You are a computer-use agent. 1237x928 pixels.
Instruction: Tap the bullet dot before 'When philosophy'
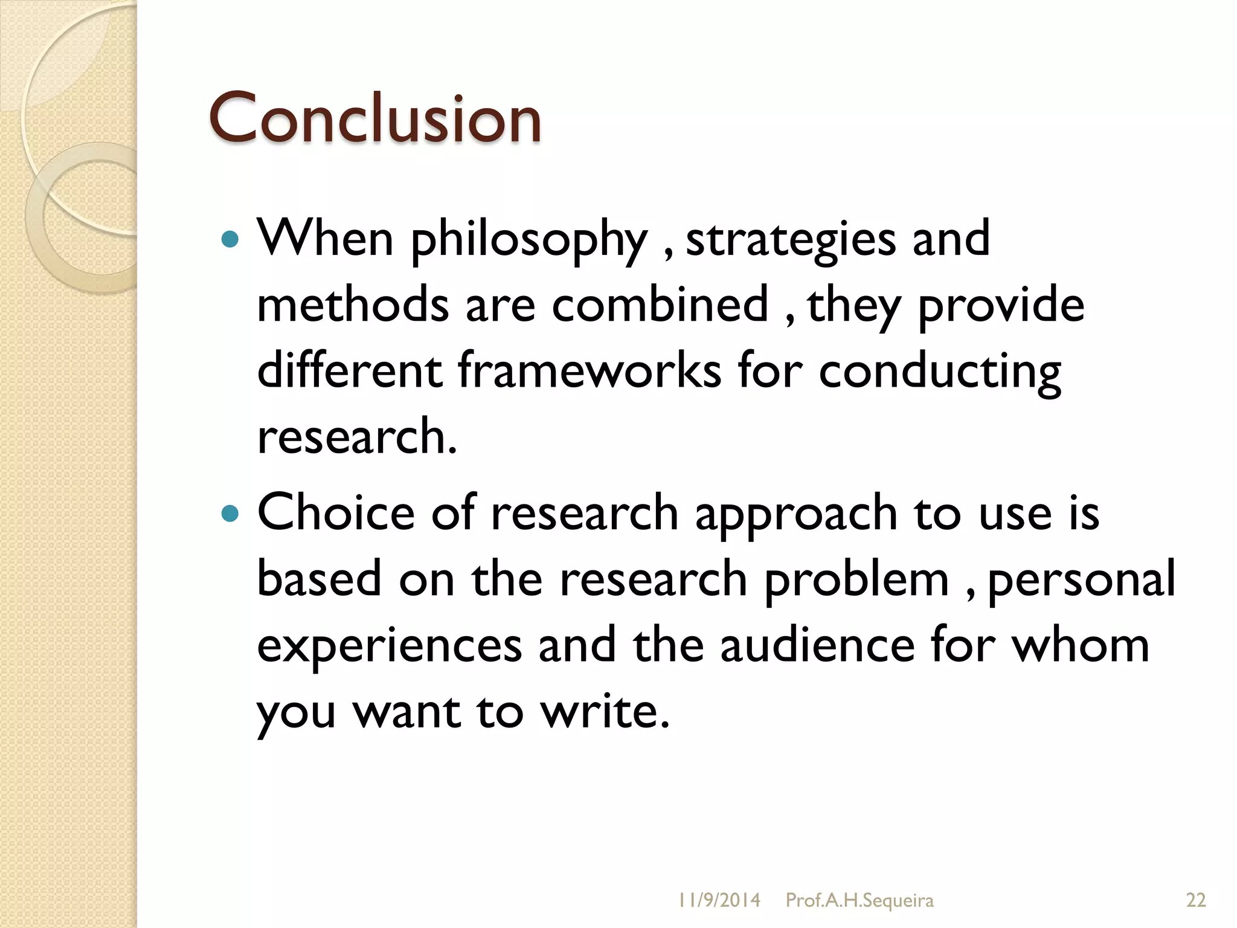coord(230,240)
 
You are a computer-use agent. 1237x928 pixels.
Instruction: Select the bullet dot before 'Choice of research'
coord(230,514)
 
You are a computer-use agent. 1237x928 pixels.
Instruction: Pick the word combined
coord(660,304)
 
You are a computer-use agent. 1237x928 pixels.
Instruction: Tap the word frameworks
coord(590,370)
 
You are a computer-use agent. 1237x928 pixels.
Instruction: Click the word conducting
coord(939,372)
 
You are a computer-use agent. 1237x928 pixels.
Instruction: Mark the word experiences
coord(390,646)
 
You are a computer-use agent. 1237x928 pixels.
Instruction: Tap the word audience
coord(818,645)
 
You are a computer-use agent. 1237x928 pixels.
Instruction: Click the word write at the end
coord(605,711)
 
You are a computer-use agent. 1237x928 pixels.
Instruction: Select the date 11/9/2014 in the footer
coord(719,900)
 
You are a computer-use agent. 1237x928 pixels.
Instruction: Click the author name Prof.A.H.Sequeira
coord(859,900)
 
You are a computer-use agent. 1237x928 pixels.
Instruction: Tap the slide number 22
coord(1196,900)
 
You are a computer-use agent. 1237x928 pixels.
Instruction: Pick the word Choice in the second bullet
coord(336,513)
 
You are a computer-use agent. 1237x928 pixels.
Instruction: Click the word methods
coord(353,304)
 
